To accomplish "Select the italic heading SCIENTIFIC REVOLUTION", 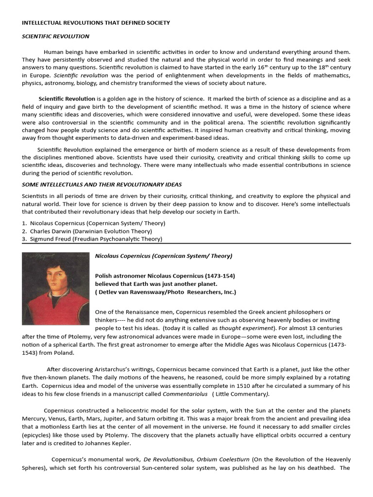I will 55,36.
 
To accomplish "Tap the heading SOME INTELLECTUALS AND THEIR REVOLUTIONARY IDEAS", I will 102,184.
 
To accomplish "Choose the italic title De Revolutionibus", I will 175,459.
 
